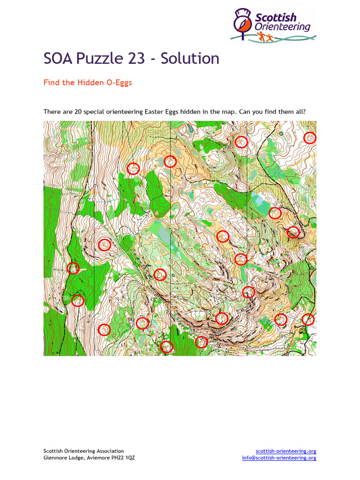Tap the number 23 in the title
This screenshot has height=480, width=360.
point(139,59)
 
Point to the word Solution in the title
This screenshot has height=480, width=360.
point(190,59)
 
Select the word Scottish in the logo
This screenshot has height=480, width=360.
point(276,18)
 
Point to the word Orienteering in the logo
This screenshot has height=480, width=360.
point(283,27)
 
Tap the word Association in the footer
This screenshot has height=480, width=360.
point(110,451)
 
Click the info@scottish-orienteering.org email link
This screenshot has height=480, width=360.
point(279,457)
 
